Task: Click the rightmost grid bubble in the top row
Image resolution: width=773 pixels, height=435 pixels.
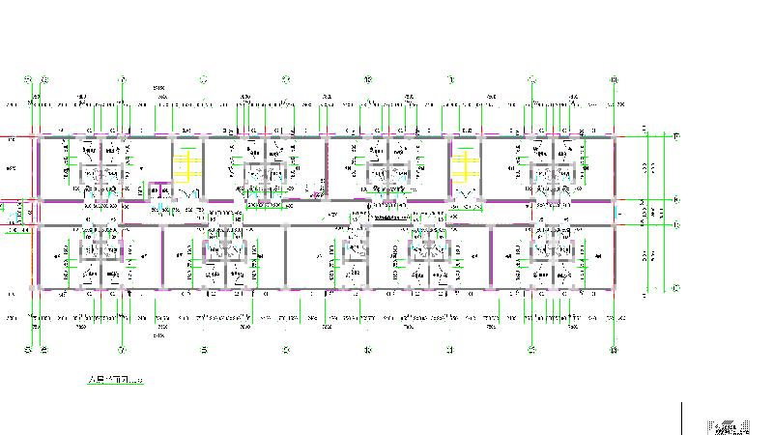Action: tap(615, 78)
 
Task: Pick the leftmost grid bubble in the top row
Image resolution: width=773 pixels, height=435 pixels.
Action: tap(28, 78)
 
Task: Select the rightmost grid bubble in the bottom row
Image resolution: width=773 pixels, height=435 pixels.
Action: tap(615, 349)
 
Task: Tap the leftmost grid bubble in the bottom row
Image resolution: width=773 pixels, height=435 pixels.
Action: tap(28, 349)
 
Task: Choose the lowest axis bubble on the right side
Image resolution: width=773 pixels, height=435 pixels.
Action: tap(676, 288)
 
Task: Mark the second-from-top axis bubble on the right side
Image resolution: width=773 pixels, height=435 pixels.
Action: tap(676, 200)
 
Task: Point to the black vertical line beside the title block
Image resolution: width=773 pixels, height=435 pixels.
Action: tap(683, 418)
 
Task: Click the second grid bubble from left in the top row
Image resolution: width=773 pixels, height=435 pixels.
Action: tap(43, 78)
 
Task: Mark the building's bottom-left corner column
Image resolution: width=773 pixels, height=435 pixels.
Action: tap(36, 288)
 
